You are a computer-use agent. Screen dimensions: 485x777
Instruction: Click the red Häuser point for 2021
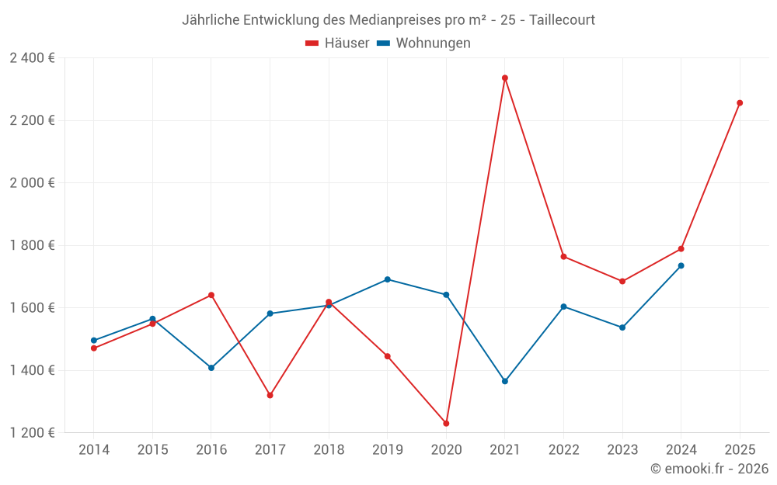pyautogui.click(x=505, y=78)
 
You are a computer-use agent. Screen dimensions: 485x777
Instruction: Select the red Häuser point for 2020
pyautogui.click(x=446, y=423)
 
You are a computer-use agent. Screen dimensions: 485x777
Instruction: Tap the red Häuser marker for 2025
pyautogui.click(x=740, y=102)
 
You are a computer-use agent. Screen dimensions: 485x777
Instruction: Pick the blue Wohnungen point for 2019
pyautogui.click(x=388, y=279)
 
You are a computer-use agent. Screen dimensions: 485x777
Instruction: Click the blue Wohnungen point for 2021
pyautogui.click(x=505, y=381)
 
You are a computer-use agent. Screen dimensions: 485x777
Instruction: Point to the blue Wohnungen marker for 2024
pyautogui.click(x=681, y=265)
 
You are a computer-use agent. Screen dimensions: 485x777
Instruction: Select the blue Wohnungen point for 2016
pyautogui.click(x=211, y=368)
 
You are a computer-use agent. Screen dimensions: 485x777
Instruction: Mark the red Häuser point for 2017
pyautogui.click(x=270, y=395)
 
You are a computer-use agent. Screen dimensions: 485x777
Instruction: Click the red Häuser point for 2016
pyautogui.click(x=211, y=295)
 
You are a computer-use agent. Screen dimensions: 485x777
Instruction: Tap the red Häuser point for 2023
pyautogui.click(x=622, y=281)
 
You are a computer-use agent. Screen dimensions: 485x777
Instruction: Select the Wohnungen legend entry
pyautogui.click(x=424, y=43)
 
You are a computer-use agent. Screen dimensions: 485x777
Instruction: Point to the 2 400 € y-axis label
pyautogui.click(x=32, y=57)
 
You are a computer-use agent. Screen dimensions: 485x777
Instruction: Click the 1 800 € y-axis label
pyautogui.click(x=32, y=245)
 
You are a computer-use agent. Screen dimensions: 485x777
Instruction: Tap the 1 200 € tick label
pyautogui.click(x=32, y=432)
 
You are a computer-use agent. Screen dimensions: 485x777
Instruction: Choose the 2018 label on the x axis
pyautogui.click(x=329, y=449)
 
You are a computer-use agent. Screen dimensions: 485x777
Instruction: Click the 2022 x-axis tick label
pyautogui.click(x=563, y=449)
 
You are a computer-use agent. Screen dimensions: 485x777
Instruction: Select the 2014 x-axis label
pyautogui.click(x=94, y=449)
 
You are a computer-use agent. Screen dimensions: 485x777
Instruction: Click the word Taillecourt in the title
pyautogui.click(x=562, y=20)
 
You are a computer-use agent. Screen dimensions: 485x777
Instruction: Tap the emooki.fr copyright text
pyautogui.click(x=709, y=469)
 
